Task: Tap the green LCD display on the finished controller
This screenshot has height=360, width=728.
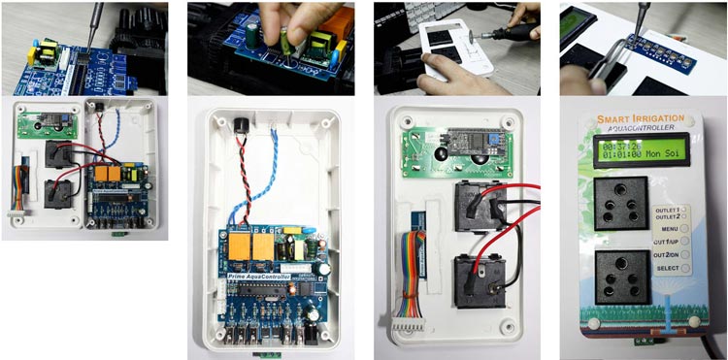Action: tap(643, 149)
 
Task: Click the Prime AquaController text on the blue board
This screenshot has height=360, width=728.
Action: tap(263, 278)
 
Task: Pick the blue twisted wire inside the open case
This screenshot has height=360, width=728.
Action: tap(273, 175)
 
